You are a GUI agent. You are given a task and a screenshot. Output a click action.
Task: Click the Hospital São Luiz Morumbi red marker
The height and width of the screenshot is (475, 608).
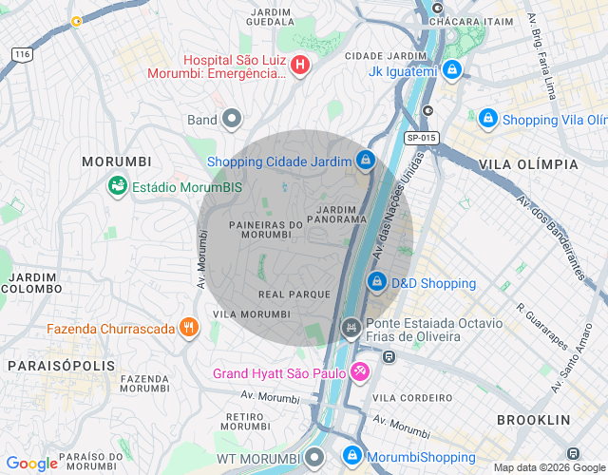(300, 66)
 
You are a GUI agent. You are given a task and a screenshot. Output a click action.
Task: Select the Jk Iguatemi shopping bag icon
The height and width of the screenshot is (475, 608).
(454, 69)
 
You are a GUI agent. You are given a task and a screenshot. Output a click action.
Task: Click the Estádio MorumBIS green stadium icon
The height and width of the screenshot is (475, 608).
(119, 186)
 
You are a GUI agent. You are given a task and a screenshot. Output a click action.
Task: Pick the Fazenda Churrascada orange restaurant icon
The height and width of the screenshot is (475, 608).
(189, 328)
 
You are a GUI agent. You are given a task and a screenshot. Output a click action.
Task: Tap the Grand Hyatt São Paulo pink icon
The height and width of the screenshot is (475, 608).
(360, 371)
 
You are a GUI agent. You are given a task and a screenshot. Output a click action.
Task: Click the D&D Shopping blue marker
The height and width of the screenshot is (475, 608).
(377, 282)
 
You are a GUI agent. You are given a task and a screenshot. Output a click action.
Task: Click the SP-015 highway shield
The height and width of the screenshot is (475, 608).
(421, 138)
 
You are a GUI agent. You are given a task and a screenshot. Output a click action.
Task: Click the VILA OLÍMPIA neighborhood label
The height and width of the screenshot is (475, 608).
(529, 164)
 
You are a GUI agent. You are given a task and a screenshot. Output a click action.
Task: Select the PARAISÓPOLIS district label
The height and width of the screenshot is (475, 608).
(61, 365)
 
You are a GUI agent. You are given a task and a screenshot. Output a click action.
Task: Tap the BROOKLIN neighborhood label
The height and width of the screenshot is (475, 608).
(533, 419)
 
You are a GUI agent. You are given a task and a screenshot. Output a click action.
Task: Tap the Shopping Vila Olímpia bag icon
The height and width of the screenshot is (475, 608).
(487, 118)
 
